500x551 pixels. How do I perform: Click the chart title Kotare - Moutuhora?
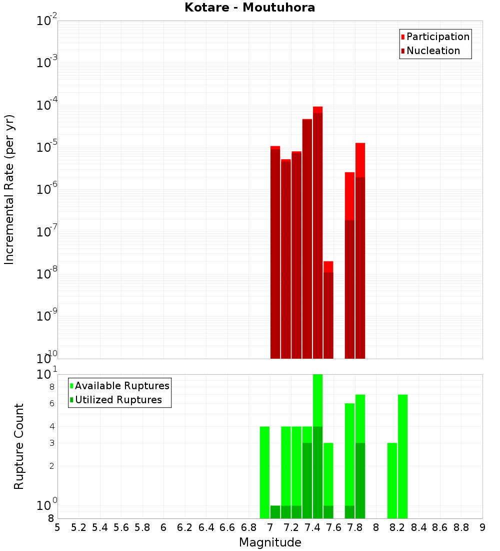click(x=249, y=8)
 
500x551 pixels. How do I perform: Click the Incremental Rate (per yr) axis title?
click(x=9, y=189)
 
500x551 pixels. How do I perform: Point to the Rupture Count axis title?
click(x=19, y=446)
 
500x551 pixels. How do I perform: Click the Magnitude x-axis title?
click(x=270, y=542)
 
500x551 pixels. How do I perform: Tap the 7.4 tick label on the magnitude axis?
click(x=312, y=527)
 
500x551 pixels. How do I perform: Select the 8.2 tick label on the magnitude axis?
click(x=397, y=527)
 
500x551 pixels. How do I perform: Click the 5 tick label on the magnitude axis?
click(x=57, y=527)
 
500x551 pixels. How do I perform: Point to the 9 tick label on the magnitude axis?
click(x=482, y=527)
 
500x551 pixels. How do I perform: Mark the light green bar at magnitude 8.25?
click(x=403, y=456)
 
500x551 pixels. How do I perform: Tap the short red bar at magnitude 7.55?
click(x=328, y=316)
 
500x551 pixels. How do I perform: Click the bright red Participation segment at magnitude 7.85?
click(x=360, y=160)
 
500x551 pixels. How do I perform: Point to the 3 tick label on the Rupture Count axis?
click(x=51, y=443)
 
